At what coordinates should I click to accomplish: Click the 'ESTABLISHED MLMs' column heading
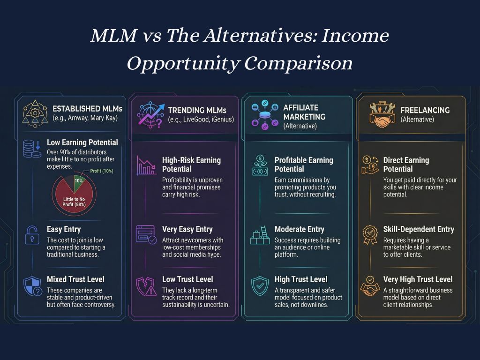pos(87,108)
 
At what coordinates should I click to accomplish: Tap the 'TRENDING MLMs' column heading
pos(197,110)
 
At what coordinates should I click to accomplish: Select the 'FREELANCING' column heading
pos(425,110)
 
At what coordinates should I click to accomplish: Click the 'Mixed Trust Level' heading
pos(75,279)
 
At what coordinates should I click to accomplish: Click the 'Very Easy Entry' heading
pos(187,230)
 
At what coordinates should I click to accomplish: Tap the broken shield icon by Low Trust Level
pos(146,285)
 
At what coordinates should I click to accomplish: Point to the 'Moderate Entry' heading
pos(299,230)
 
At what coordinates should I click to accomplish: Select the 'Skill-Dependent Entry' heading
pos(419,229)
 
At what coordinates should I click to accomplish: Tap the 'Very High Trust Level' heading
pos(418,279)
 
